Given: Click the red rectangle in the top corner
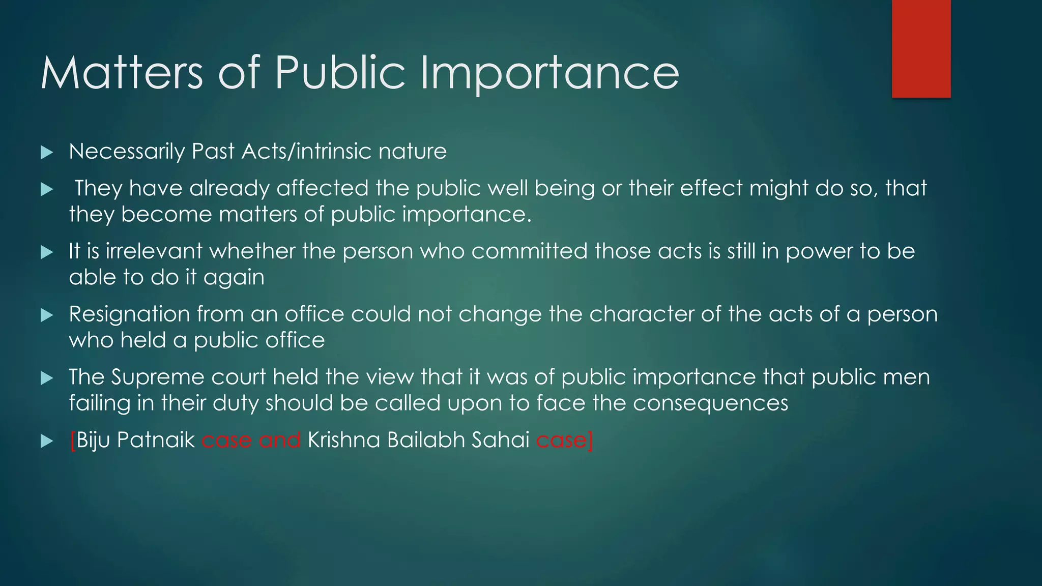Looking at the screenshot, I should click(921, 48).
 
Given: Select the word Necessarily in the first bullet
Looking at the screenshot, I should click(127, 152).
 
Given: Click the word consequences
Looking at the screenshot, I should click(710, 403).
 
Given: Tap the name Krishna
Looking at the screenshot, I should click(343, 440).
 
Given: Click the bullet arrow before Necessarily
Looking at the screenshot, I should click(47, 152).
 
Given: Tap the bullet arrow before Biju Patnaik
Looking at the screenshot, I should click(47, 441).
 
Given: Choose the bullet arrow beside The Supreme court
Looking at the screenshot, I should click(47, 378).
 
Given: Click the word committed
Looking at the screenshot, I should click(529, 251).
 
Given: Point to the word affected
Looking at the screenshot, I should click(322, 189).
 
